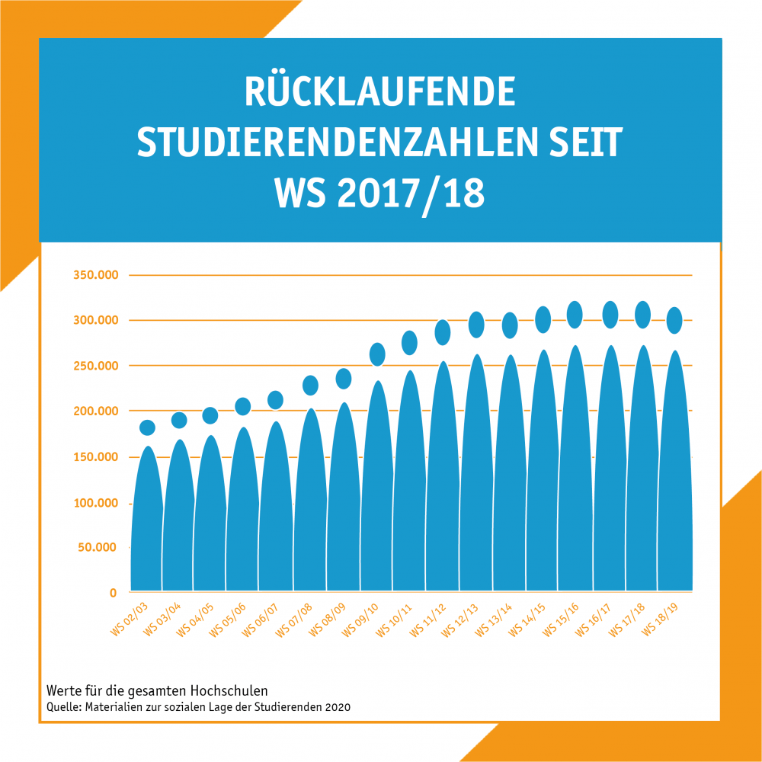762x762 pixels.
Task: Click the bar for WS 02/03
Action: (x=147, y=526)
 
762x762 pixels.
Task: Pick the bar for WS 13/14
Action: (x=510, y=480)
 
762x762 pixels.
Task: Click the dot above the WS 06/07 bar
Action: (x=276, y=400)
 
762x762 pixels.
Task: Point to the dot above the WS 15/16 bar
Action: (x=575, y=315)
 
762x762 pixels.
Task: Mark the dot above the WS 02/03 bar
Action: (x=147, y=427)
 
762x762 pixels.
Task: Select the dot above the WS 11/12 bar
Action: (x=443, y=332)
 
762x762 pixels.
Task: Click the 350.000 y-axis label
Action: (x=95, y=275)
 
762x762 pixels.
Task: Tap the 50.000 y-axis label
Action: (x=99, y=547)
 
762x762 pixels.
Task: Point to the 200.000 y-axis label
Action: (x=95, y=411)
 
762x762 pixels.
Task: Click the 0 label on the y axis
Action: (x=113, y=593)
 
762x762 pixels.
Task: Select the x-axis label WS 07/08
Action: (x=296, y=620)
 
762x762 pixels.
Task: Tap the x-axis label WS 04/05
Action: (x=197, y=620)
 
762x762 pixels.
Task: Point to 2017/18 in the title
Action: (x=411, y=195)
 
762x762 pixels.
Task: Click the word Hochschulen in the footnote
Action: (x=229, y=690)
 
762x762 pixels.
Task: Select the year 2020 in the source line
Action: (x=338, y=707)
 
